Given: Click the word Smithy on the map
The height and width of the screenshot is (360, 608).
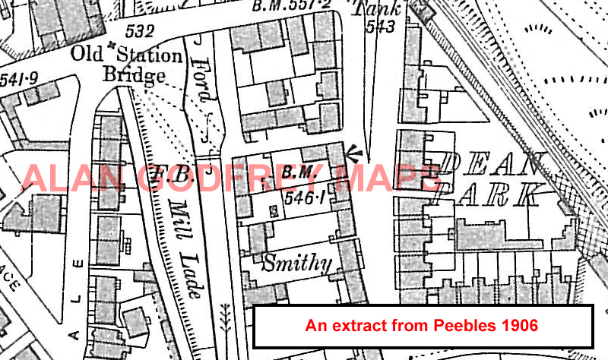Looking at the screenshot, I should pos(297,264).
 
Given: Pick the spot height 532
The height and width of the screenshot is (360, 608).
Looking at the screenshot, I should pos(141,32).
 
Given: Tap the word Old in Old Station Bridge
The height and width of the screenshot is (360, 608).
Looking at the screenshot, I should pos(88,55).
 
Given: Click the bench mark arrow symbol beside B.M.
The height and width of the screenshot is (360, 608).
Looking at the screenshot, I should pos(353,153).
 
